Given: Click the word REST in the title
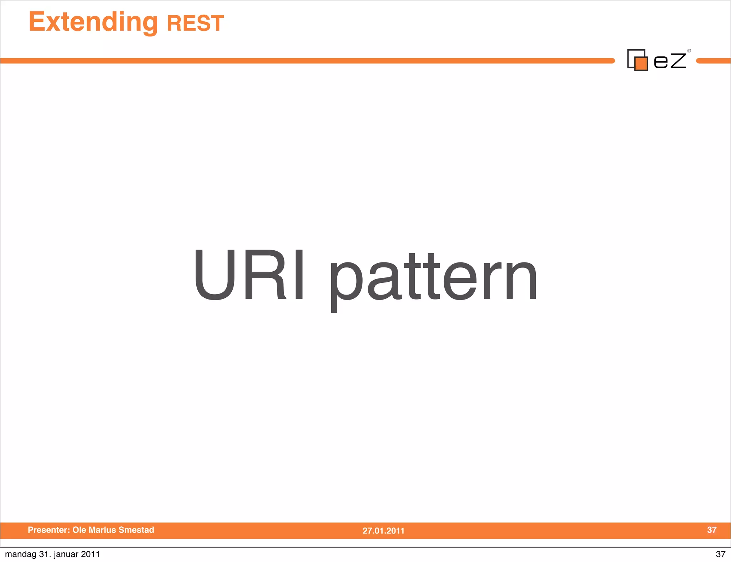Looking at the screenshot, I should (195, 23).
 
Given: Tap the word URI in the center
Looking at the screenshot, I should (249, 274).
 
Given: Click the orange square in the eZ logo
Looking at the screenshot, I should (641, 64).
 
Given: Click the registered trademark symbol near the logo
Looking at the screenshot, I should (689, 51).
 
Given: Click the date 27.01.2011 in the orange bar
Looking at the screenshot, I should (383, 531).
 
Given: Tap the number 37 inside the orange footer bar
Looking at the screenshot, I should (712, 530).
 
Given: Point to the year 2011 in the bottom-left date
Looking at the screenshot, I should (90, 554).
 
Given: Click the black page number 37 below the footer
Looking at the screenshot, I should (720, 554).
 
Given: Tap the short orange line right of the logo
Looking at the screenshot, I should (713, 61).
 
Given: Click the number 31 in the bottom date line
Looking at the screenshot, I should (44, 554).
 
